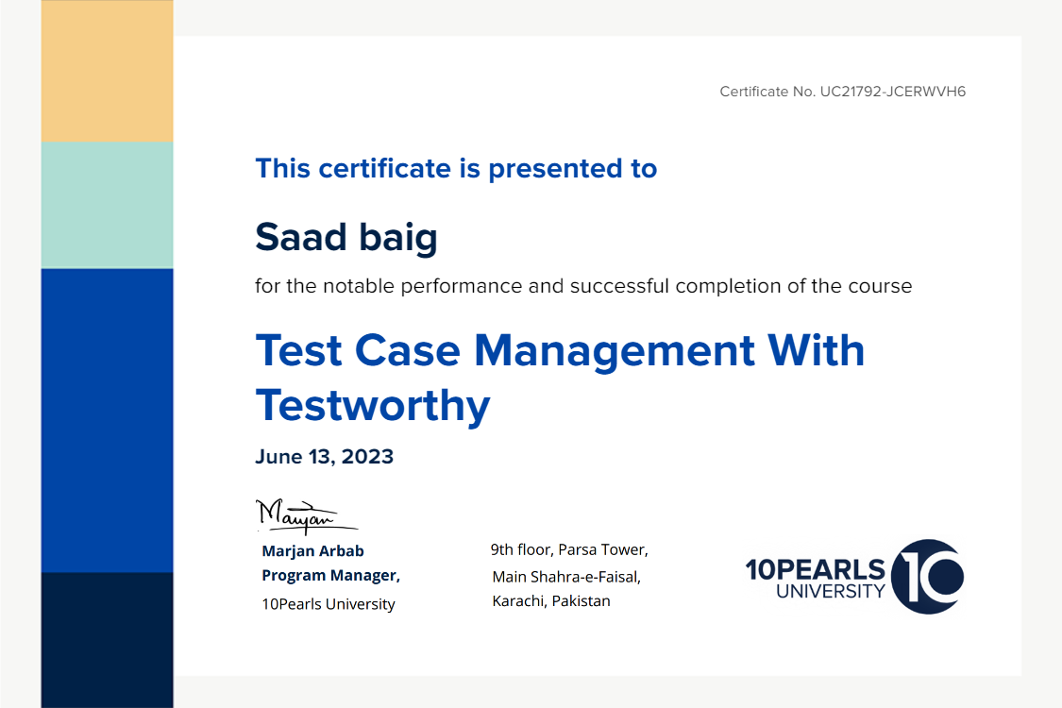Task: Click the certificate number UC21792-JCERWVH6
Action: coord(893,92)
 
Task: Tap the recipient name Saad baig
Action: coord(346,238)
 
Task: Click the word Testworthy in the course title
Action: coord(373,405)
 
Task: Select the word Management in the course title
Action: coord(615,351)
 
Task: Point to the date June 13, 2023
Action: coord(325,457)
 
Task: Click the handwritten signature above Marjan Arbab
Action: coord(306,516)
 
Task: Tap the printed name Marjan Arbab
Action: coord(312,550)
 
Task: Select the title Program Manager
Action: coord(330,575)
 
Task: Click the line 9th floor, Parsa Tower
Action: coord(569,549)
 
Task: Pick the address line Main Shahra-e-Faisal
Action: coord(566,577)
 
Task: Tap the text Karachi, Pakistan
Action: coord(550,601)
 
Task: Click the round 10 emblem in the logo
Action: coord(927,577)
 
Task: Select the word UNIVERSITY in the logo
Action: coord(831,592)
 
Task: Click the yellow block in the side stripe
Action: coord(107,71)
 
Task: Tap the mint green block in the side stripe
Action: coord(107,205)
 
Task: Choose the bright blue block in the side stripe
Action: coord(107,421)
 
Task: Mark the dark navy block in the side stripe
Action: coord(107,640)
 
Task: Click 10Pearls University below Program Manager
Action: coord(329,603)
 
